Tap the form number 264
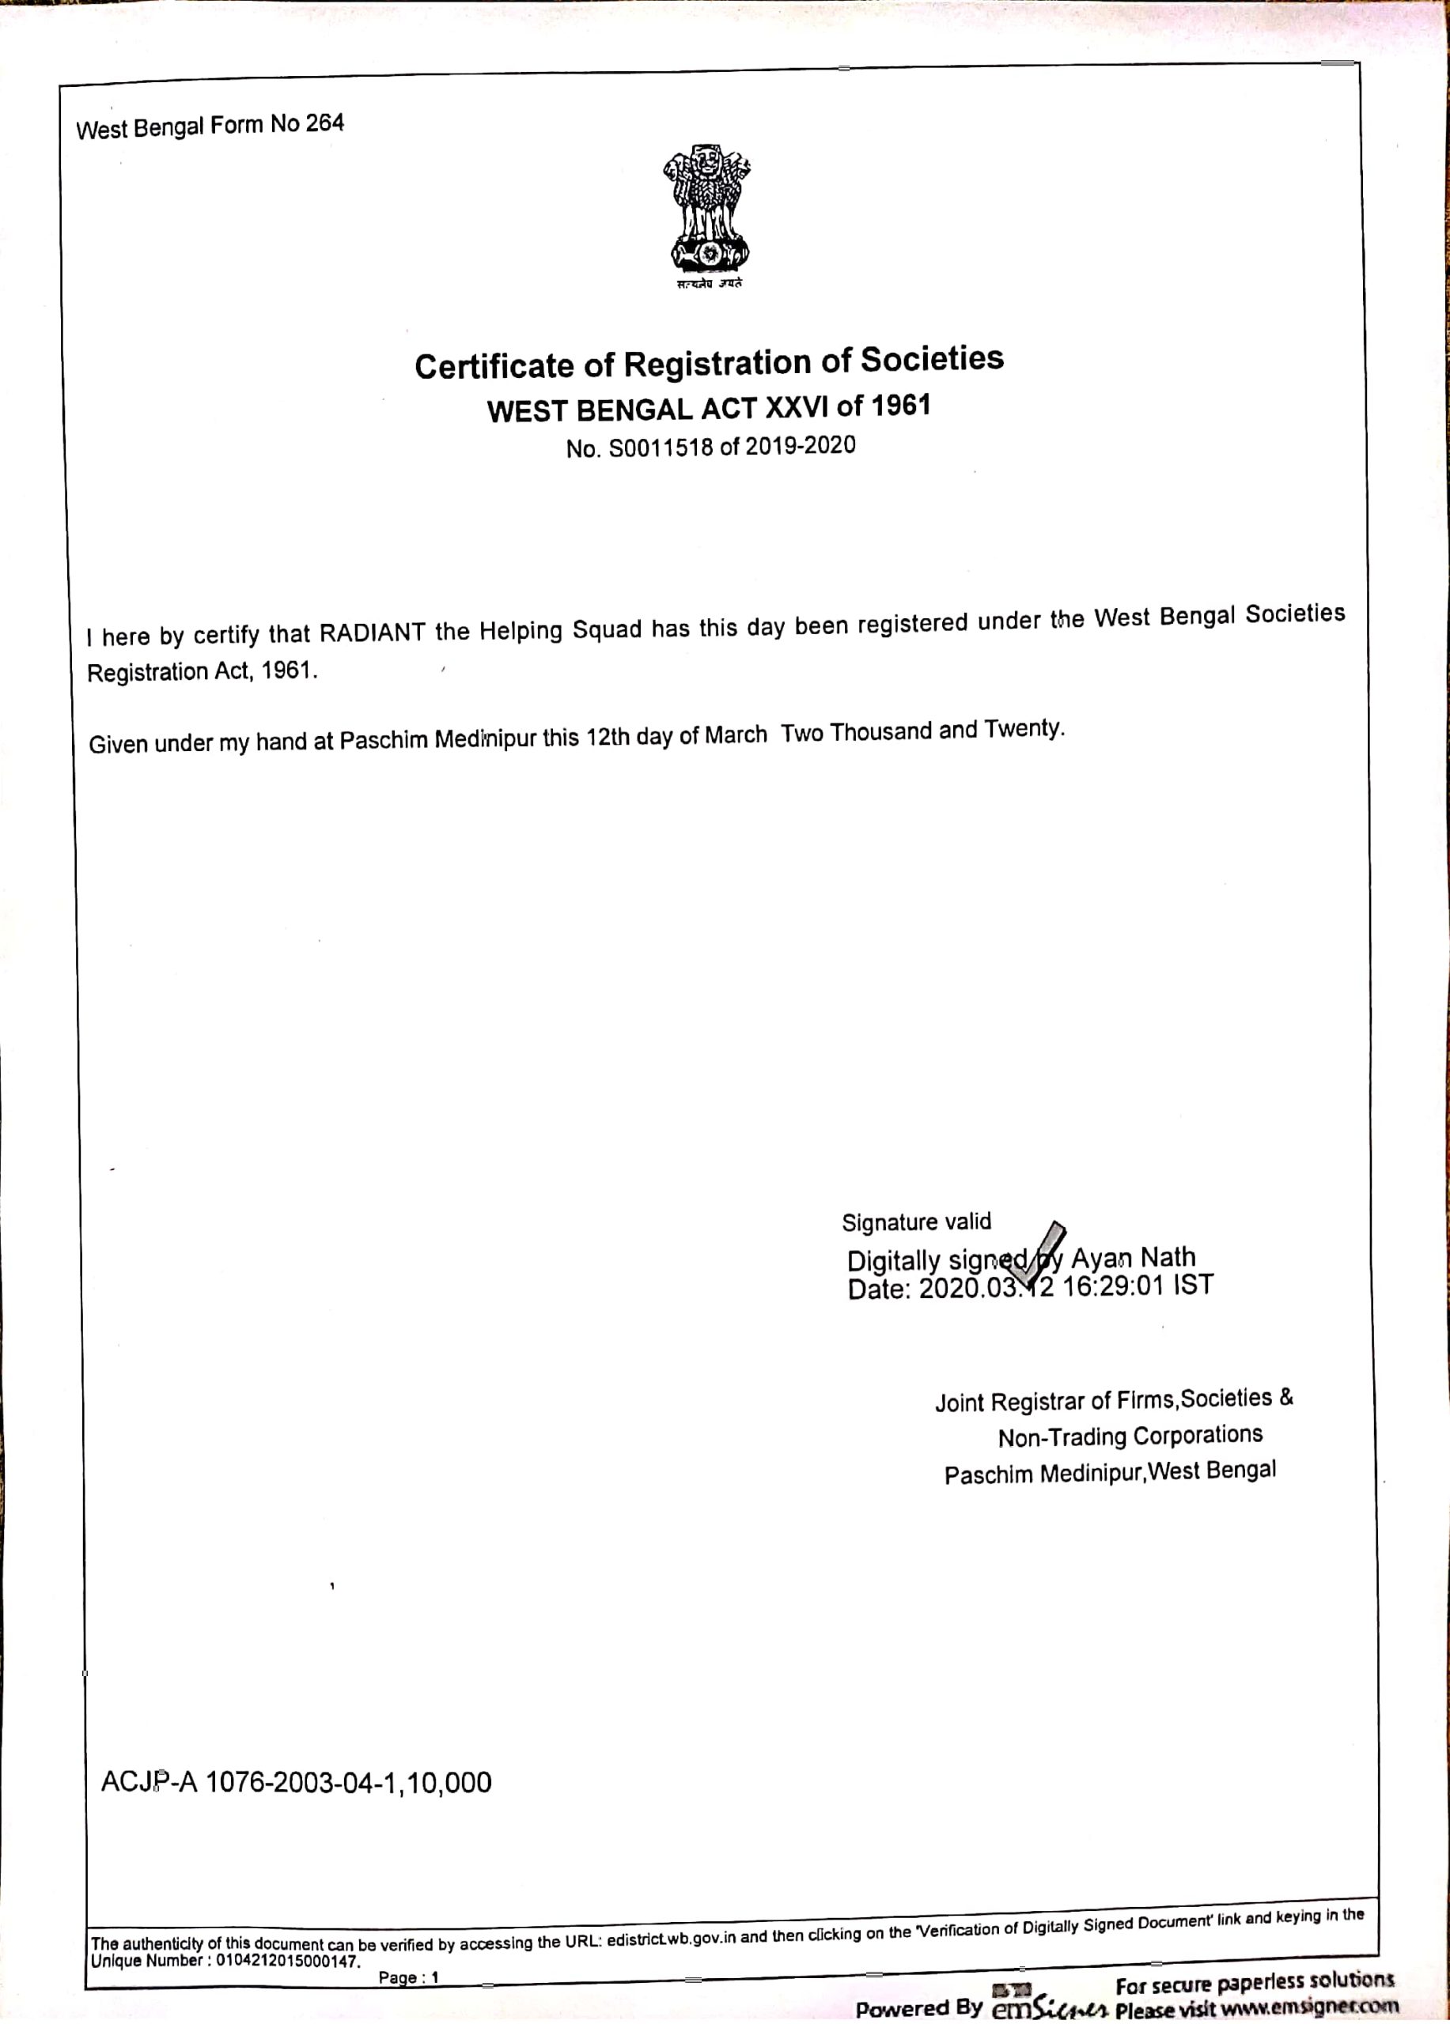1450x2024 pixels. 324,123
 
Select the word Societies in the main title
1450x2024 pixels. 931,359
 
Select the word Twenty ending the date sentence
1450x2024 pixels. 1024,728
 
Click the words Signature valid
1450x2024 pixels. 916,1222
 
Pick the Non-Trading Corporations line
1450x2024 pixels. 1130,1436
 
